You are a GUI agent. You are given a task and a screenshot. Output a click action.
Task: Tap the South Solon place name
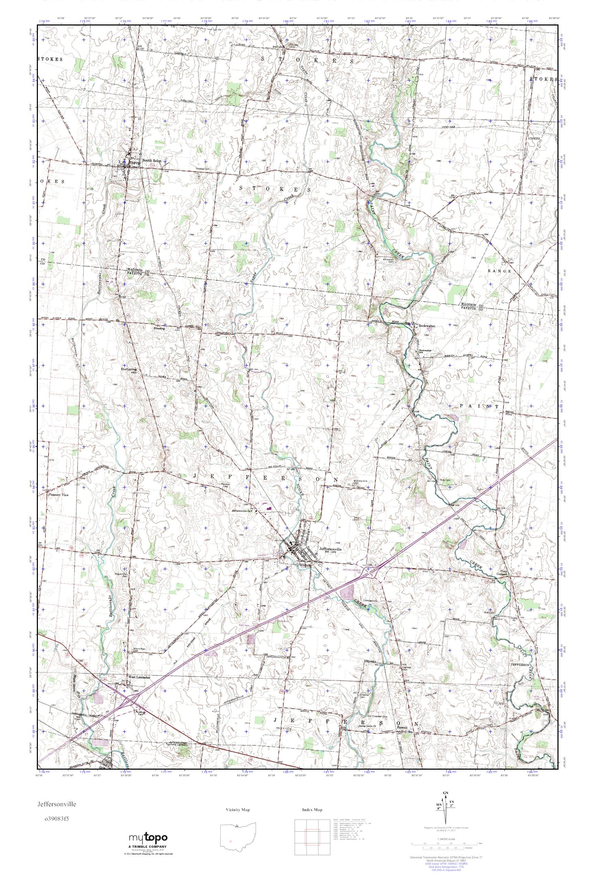point(152,161)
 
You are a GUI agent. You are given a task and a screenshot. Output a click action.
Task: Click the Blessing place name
point(159,328)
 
